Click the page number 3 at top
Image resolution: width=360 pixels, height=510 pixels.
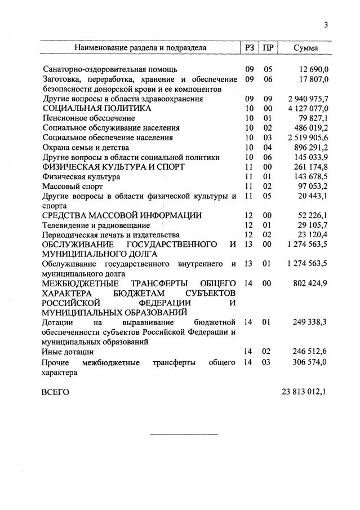point(326,24)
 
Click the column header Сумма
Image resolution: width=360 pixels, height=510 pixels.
point(305,48)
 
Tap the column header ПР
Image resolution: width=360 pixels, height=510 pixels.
point(268,48)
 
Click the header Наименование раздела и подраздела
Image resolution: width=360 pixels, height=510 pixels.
point(140,48)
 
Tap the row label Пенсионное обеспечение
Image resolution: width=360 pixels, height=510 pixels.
point(89,118)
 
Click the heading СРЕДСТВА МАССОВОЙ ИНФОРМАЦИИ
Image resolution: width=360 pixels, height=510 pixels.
point(122,215)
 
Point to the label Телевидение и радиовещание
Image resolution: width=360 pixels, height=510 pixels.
point(96,225)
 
